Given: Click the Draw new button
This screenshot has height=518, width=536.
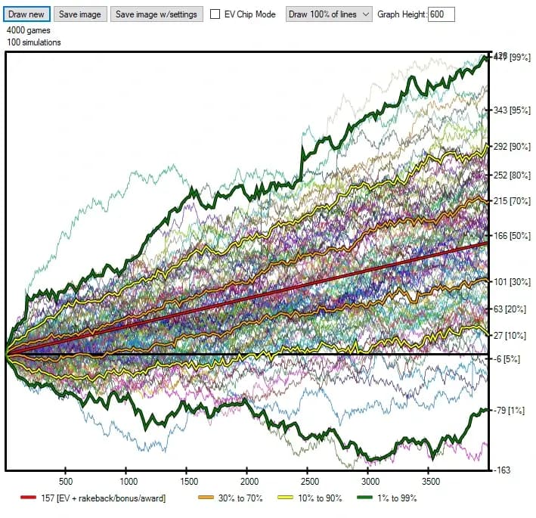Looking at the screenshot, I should pos(26,14).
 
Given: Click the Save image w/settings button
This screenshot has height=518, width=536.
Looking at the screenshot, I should pos(156,14).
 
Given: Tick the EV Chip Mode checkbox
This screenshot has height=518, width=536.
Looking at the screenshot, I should pos(215,14).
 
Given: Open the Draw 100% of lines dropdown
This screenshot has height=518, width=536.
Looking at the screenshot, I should pos(329,14).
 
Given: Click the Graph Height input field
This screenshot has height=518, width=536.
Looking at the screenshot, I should pos(441,14).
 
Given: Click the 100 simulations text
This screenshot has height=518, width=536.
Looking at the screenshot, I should pos(34,42).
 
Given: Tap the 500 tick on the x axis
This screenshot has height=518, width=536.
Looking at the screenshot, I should pos(65,481).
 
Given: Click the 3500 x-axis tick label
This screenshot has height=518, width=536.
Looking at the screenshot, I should pos(430,481).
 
